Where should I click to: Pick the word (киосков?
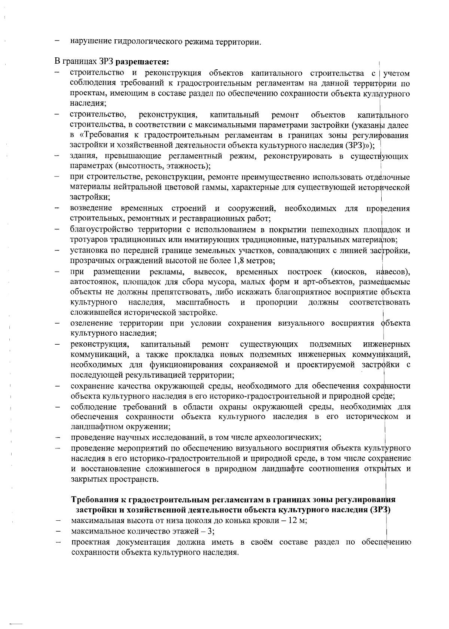349,271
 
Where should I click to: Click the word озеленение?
92,323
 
